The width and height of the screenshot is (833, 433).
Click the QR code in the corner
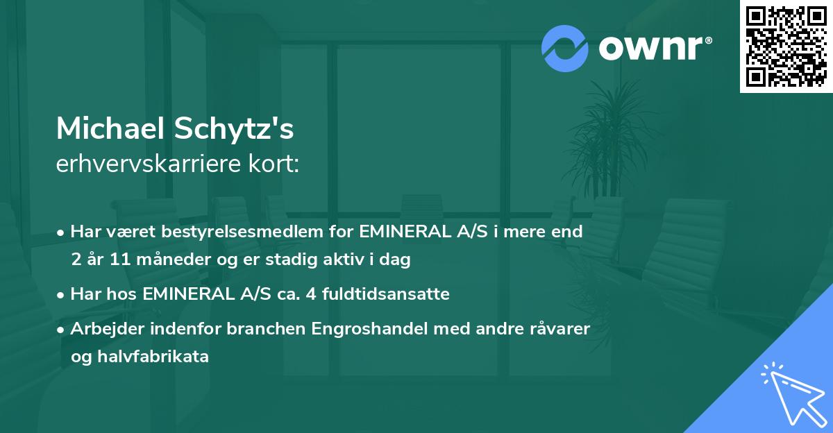point(786,46)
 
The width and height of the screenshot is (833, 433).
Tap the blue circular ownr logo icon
point(565,48)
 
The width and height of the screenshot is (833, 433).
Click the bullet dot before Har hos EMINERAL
point(61,295)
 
